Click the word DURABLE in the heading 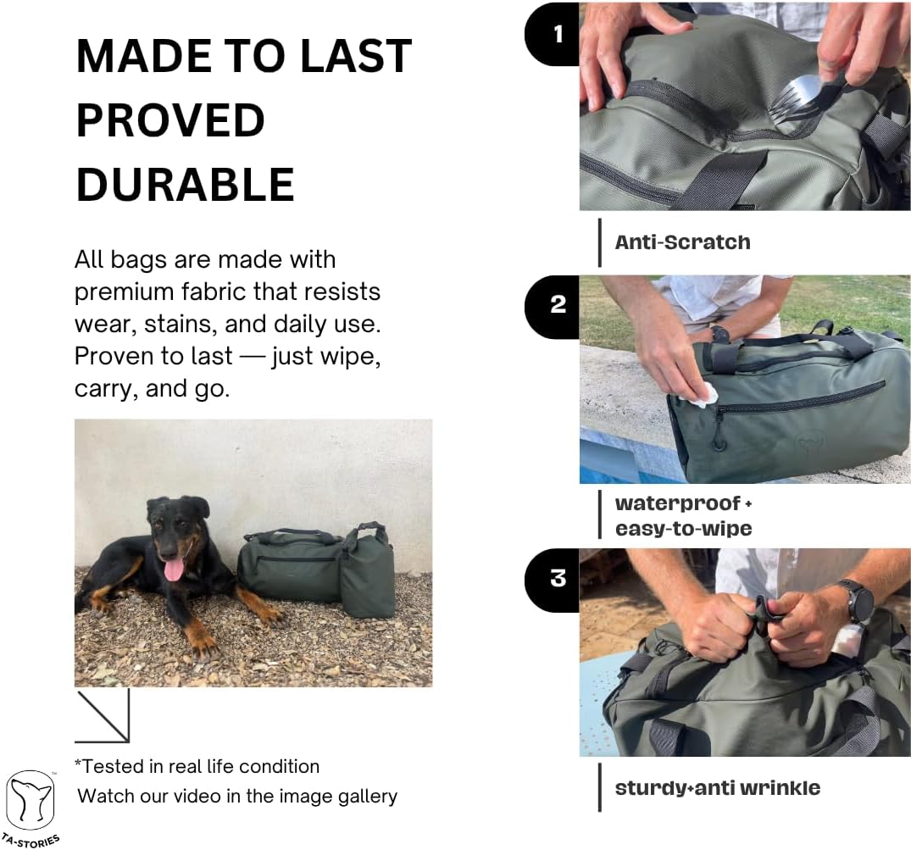click(x=186, y=185)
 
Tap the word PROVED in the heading click(x=171, y=120)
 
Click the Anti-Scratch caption click(x=683, y=242)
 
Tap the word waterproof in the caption click(x=678, y=503)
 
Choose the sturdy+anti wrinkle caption click(x=718, y=788)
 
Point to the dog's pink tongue click(x=173, y=569)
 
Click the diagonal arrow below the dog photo click(x=103, y=716)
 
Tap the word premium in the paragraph click(x=124, y=292)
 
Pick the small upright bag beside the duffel click(x=367, y=571)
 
